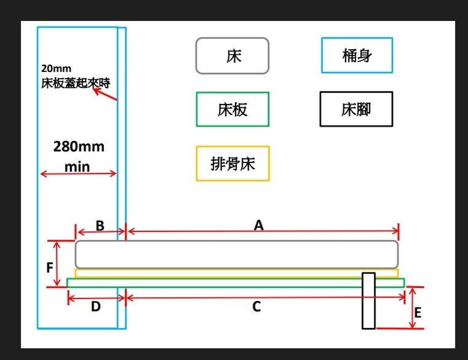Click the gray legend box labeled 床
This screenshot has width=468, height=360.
(x=232, y=56)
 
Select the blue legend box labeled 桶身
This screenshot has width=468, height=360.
(x=357, y=56)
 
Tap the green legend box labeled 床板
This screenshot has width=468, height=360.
(x=232, y=110)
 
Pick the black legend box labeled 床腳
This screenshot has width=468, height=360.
(x=356, y=110)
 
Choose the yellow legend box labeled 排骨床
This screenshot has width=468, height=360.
(x=232, y=164)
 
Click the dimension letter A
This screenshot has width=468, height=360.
(x=259, y=225)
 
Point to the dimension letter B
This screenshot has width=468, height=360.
(x=100, y=225)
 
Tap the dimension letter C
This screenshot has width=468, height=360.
(x=257, y=306)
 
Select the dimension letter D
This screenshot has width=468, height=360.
(x=95, y=306)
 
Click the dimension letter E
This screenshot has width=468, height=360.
(x=418, y=313)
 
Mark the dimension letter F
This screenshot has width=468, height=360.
(x=50, y=268)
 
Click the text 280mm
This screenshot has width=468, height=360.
(x=79, y=147)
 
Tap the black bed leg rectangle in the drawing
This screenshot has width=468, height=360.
(x=368, y=300)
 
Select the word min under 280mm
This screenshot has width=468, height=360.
(x=77, y=167)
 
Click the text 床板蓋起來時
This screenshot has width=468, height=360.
(x=76, y=82)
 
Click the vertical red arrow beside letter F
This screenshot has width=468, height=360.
(x=57, y=263)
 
